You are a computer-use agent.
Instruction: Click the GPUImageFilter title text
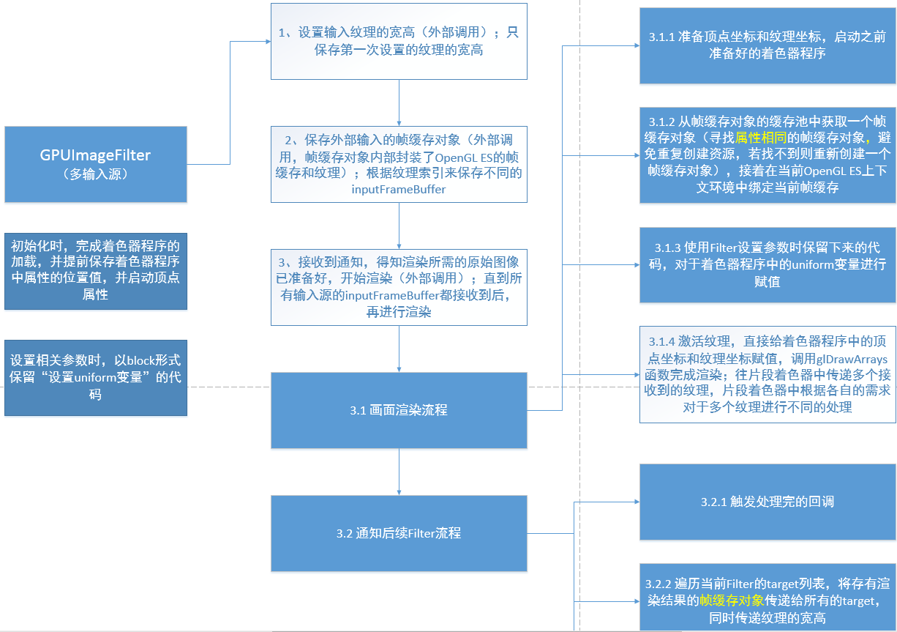pyautogui.click(x=95, y=155)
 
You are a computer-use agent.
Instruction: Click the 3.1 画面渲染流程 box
pyautogui.click(x=399, y=410)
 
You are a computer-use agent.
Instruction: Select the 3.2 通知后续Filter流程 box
pyautogui.click(x=399, y=533)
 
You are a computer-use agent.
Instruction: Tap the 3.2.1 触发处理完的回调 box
pyautogui.click(x=767, y=502)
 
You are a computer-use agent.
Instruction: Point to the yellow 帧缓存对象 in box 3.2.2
pyautogui.click(x=732, y=601)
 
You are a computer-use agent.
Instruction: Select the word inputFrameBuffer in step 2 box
pyautogui.click(x=399, y=189)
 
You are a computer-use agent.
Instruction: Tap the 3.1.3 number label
pyautogui.click(x=667, y=248)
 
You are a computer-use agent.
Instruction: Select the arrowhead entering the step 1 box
pyautogui.click(x=267, y=41)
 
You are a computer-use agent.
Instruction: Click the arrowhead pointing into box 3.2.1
pyautogui.click(x=637, y=502)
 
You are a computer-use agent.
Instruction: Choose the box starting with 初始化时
pyautogui.click(x=95, y=270)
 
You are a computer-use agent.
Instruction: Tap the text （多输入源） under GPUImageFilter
pyautogui.click(x=95, y=174)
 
